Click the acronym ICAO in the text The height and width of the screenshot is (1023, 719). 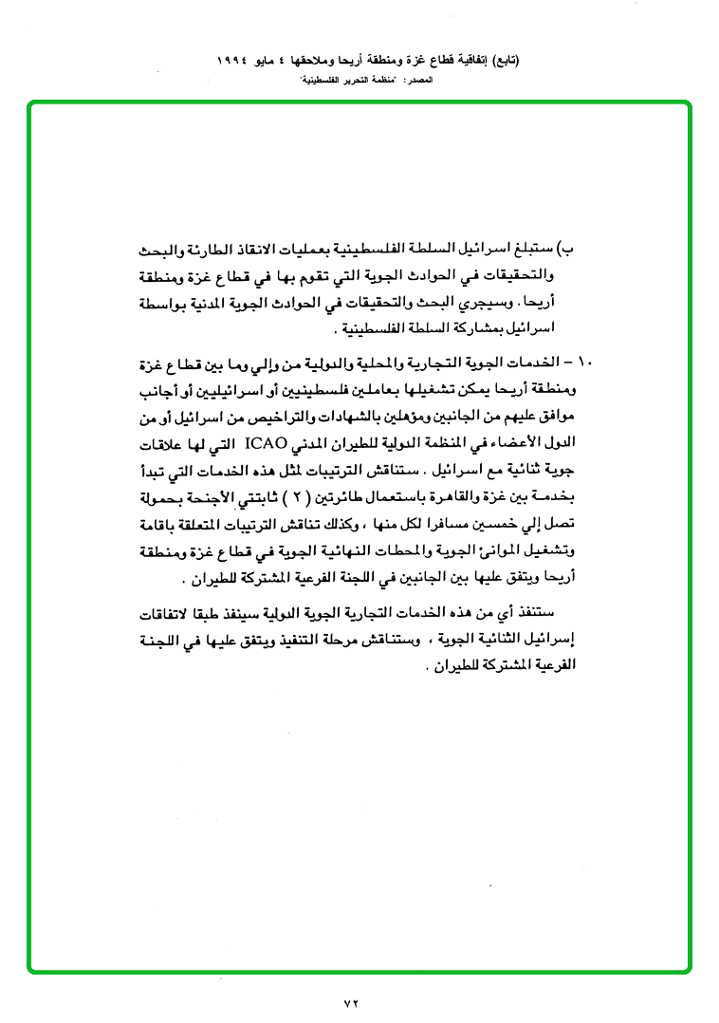click(271, 442)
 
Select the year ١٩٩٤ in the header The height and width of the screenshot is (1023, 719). click(241, 59)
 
